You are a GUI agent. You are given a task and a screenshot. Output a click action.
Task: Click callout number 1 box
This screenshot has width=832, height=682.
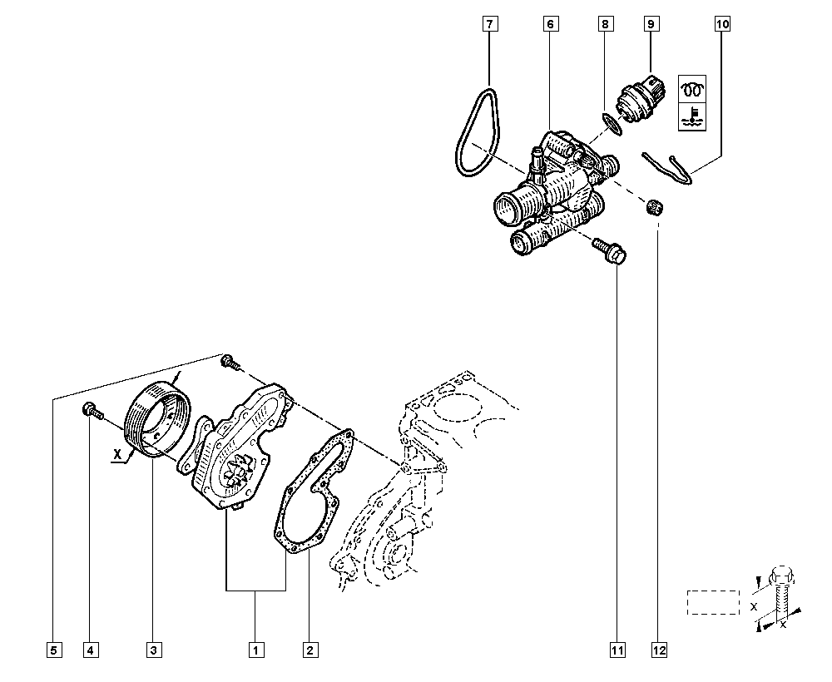pyautogui.click(x=255, y=650)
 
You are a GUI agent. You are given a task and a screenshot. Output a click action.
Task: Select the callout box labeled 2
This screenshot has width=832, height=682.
pyautogui.click(x=309, y=650)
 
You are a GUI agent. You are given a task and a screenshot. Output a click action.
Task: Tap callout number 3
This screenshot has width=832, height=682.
pyautogui.click(x=153, y=650)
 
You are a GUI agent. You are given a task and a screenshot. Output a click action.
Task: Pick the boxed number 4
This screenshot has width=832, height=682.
pyautogui.click(x=89, y=650)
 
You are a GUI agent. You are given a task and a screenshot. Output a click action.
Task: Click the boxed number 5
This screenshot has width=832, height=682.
pyautogui.click(x=52, y=650)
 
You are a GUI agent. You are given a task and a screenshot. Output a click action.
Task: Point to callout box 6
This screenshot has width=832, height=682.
pyautogui.click(x=550, y=24)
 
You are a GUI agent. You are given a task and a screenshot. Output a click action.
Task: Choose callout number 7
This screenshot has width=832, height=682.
pyautogui.click(x=489, y=24)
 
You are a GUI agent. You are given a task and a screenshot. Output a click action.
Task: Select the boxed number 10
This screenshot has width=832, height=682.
pyautogui.click(x=721, y=24)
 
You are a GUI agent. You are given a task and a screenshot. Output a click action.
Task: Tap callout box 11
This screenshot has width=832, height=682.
pyautogui.click(x=617, y=650)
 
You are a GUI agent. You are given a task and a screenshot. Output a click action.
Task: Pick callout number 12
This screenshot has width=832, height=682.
pyautogui.click(x=660, y=650)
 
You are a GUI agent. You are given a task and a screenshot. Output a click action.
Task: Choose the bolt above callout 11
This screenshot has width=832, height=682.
pyautogui.click(x=611, y=252)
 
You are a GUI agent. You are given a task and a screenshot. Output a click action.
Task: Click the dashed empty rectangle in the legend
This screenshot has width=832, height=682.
pyautogui.click(x=713, y=602)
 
